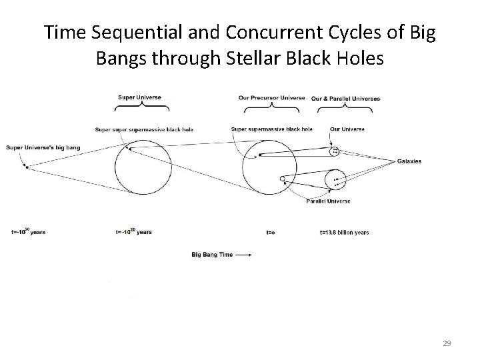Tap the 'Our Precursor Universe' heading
pos(272,98)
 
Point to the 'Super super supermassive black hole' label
pos(144,129)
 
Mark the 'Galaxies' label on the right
pos(409,161)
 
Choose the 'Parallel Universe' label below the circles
pos(328,201)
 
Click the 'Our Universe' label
pos(347,129)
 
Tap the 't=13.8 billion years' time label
pos(344,232)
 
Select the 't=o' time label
pos(271,232)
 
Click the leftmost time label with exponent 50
pos(28,231)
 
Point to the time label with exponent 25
pos(133,231)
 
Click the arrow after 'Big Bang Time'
pos(244,254)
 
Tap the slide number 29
pos(447,343)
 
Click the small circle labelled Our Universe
pos(335,151)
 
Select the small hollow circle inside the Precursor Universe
pos(283,179)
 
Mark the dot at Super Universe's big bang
pos(26,167)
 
